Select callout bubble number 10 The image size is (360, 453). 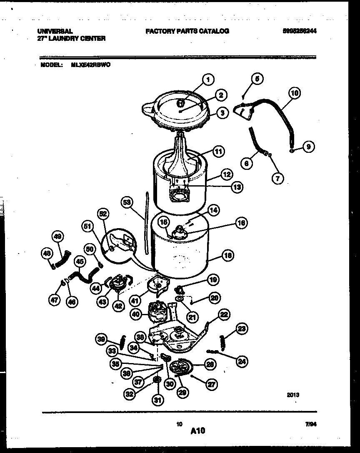tap(294, 93)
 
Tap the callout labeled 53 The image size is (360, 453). tap(127, 203)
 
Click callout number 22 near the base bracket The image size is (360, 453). tap(223, 315)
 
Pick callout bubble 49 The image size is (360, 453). tap(58, 237)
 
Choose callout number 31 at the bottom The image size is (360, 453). tap(157, 401)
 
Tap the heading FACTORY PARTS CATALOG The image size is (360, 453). tap(187, 31)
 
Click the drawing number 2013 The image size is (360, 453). tap(293, 395)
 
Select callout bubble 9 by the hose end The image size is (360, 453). tap(308, 147)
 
